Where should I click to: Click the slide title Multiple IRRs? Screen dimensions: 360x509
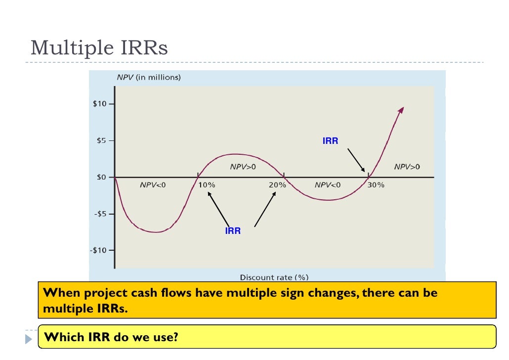[x=99, y=48]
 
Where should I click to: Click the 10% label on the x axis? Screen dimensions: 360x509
[x=207, y=185]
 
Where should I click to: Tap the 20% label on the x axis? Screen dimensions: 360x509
[x=278, y=185]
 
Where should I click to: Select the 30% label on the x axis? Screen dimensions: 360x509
[x=376, y=185]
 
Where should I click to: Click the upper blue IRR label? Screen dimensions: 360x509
[x=331, y=141]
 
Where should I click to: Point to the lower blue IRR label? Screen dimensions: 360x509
[x=233, y=231]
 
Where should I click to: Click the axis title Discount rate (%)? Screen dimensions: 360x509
[x=274, y=277]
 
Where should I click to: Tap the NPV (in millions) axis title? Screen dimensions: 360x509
[x=148, y=77]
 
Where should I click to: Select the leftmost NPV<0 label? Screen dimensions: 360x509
[x=153, y=185]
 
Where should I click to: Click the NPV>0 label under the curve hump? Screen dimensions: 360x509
[x=243, y=167]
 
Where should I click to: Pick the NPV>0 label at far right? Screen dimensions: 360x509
[x=407, y=167]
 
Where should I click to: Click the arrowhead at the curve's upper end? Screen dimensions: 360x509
[x=401, y=110]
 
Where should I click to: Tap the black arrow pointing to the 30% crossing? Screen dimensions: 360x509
[x=356, y=160]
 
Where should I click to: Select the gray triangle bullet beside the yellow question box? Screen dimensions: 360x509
[x=28, y=339]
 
